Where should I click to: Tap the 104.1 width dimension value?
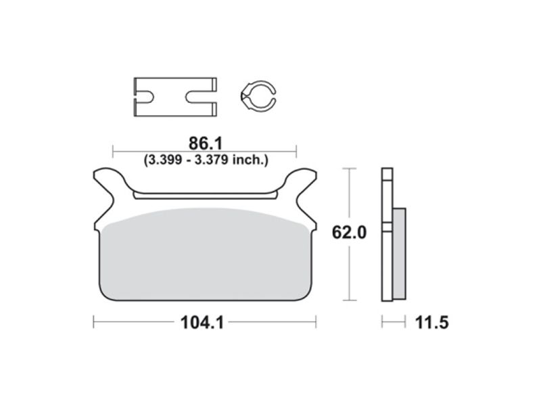pyautogui.click(x=202, y=323)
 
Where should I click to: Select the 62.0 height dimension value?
pyautogui.click(x=349, y=232)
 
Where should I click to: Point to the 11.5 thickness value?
pyautogui.click(x=431, y=323)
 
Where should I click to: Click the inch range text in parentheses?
pyautogui.click(x=206, y=160)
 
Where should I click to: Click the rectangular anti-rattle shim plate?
pyautogui.click(x=175, y=97)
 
